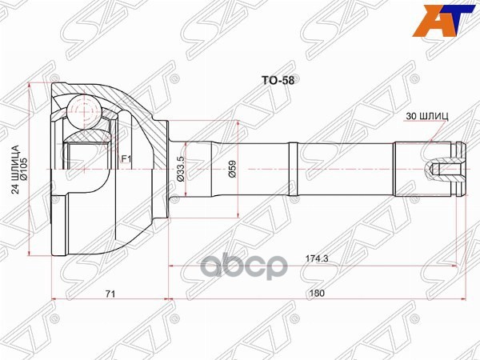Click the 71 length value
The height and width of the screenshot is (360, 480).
tap(110, 294)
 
